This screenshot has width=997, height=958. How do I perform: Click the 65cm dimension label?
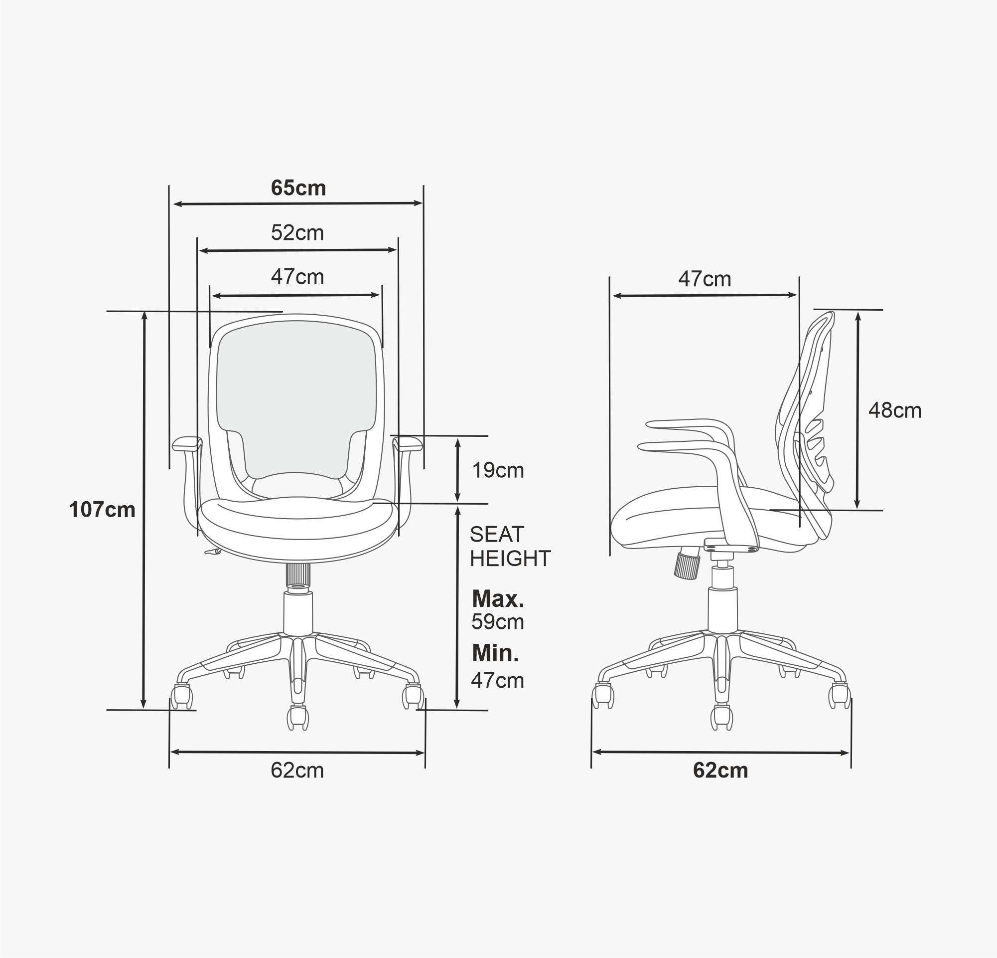(298, 188)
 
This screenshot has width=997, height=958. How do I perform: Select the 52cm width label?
(297, 232)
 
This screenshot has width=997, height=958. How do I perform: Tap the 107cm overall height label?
(102, 509)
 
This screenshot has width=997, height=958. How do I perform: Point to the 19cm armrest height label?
(498, 470)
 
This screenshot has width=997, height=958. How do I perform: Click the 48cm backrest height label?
(895, 411)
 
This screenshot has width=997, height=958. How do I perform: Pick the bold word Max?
(498, 599)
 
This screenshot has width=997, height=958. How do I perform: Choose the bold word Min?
(495, 653)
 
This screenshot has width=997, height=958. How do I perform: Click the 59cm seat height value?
(497, 622)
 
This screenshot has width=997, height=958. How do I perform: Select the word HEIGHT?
(510, 559)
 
